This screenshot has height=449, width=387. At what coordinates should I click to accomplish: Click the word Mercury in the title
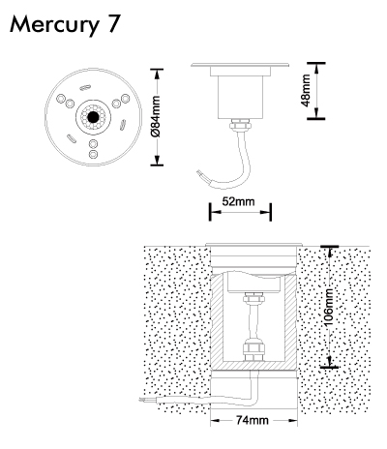(x=54, y=24)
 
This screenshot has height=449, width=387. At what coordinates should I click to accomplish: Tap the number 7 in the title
(x=114, y=23)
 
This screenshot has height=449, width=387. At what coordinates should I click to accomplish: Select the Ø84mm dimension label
(x=155, y=116)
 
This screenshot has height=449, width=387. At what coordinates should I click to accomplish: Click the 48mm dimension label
(x=305, y=90)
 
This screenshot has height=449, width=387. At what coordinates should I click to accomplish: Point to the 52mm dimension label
(x=238, y=201)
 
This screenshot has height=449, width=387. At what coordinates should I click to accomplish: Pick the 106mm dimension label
(x=329, y=307)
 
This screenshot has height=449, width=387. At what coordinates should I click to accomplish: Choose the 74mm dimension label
(x=253, y=420)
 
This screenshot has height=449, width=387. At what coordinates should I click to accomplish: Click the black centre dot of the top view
(x=93, y=117)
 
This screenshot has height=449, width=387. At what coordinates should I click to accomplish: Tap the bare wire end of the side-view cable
(x=200, y=174)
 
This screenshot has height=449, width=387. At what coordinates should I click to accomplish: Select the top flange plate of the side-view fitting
(x=240, y=65)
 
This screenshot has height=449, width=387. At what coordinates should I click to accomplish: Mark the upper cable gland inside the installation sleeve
(x=254, y=298)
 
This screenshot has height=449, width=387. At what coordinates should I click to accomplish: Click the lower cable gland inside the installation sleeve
(x=253, y=349)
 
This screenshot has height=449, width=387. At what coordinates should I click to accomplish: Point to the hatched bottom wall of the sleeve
(x=253, y=365)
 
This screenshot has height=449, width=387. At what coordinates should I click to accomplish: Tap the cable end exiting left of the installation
(x=142, y=401)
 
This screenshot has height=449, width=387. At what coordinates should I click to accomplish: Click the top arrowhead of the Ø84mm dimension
(x=157, y=75)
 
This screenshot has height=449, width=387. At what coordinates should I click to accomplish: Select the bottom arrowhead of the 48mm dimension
(x=316, y=113)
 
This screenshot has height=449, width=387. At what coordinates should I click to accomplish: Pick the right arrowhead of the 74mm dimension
(x=292, y=420)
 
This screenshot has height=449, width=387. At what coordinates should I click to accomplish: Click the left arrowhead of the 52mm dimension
(x=216, y=212)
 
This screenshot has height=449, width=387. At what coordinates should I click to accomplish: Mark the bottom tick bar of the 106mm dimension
(x=329, y=367)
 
